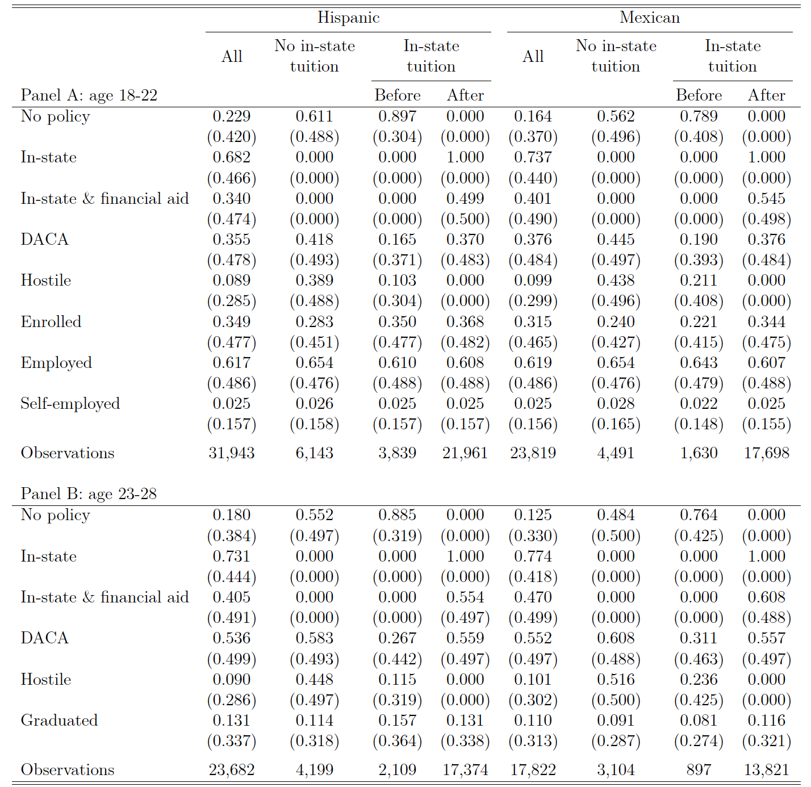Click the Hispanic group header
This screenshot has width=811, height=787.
pos(348,18)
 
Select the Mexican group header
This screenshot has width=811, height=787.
pos(650,18)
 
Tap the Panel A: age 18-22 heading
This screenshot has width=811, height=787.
pos(89,95)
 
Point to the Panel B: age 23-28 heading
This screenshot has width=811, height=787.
pos(89,494)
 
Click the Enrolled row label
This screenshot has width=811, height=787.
pos(51,321)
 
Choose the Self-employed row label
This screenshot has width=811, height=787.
pos(70,404)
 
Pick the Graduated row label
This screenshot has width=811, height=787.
pos(59,721)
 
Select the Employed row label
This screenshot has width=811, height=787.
pos(56,363)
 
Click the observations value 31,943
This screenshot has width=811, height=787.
pos(232,453)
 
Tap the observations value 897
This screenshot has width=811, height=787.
pos(699,769)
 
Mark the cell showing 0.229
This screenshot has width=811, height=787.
pos(232,116)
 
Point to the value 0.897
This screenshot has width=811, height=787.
pos(397,116)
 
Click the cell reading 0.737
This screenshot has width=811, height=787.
pos(533,157)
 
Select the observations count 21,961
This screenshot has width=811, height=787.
pos(465,453)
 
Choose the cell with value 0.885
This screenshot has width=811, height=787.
pos(397,515)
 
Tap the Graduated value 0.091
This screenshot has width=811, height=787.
pos(616,721)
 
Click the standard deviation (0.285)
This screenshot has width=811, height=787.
pos(232,301)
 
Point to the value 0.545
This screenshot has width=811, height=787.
pos(766,198)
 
